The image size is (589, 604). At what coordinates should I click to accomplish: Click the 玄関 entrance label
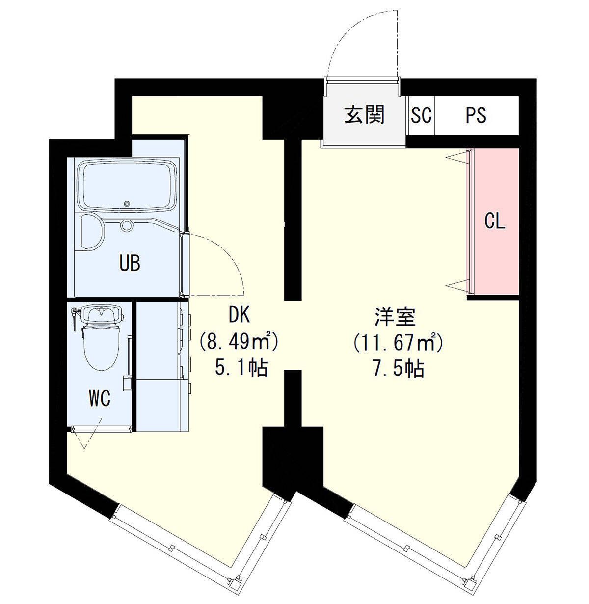click(x=364, y=115)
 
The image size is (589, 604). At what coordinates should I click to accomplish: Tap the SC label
click(x=421, y=115)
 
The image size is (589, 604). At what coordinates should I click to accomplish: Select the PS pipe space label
click(x=476, y=115)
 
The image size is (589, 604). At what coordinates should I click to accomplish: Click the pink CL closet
click(x=496, y=221)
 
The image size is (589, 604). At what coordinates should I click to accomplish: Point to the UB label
click(x=130, y=263)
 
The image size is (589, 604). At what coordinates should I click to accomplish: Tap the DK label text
click(x=239, y=316)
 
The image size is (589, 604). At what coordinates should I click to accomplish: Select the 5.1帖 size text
click(x=241, y=368)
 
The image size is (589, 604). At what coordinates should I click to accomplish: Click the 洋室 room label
click(x=395, y=317)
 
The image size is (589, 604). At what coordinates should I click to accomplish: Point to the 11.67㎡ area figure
click(x=398, y=342)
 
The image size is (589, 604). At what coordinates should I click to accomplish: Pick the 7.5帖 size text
click(x=398, y=368)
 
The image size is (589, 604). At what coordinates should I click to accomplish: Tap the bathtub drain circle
click(x=126, y=204)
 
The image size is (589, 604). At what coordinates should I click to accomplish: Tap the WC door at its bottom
click(x=102, y=429)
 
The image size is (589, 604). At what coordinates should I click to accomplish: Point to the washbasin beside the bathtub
click(x=92, y=232)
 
